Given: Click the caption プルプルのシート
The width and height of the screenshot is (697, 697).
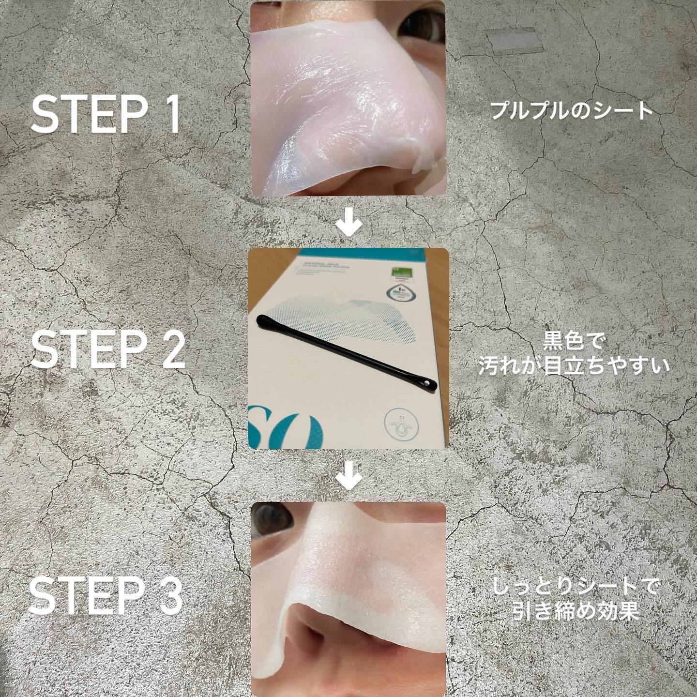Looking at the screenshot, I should (x=572, y=111).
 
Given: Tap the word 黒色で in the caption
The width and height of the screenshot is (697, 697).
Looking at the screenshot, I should (x=573, y=343).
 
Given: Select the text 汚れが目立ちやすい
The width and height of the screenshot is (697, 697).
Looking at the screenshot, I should (x=573, y=366).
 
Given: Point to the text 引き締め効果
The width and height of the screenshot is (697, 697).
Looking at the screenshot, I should (x=576, y=612).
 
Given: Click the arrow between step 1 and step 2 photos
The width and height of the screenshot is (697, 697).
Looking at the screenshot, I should (x=349, y=226).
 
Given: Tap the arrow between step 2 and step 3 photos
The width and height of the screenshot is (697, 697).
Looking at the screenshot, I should (x=349, y=479).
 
